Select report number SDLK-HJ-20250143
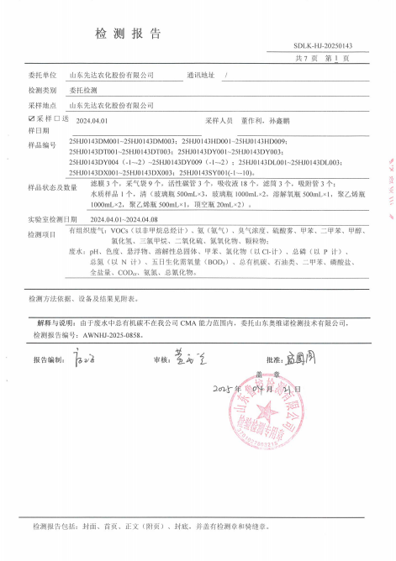pos(322,45)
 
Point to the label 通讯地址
pos(201,75)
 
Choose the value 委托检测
pos(83,90)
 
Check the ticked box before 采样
pos(31,120)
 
